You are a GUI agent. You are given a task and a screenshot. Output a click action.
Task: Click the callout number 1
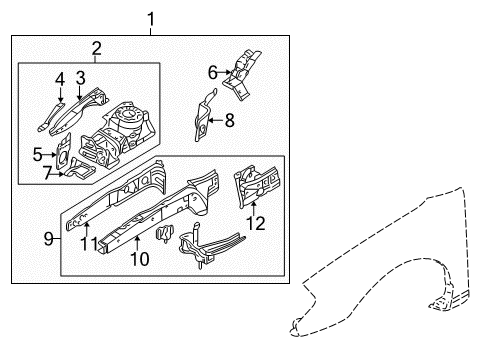coord(151,18)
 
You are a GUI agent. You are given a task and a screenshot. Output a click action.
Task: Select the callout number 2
coord(96,48)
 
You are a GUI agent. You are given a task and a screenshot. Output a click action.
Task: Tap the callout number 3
coord(81,76)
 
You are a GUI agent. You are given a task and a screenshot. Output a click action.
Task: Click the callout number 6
coord(212,71)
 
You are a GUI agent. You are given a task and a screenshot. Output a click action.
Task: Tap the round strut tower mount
coord(127,118)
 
